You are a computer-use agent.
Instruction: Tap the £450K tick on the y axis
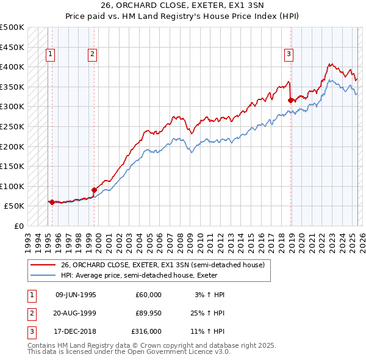point(12,47)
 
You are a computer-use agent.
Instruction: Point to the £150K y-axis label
point(12,166)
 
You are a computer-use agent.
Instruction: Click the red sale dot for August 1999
point(95,190)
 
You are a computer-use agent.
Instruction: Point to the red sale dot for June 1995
point(52,202)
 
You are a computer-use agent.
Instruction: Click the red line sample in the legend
point(44,265)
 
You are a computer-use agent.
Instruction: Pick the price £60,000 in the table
point(148,295)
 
